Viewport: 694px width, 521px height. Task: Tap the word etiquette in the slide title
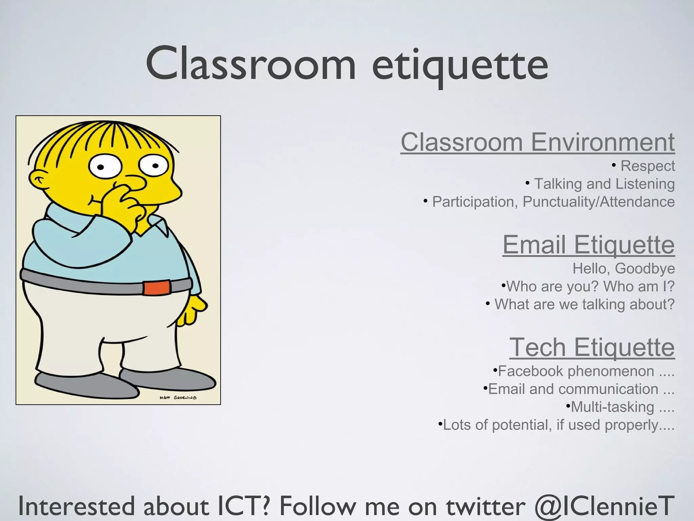460,64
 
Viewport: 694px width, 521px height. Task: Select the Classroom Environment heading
537,142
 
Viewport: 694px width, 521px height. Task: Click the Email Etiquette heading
588,245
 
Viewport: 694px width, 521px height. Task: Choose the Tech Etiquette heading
592,347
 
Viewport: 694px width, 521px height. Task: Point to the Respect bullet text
647,166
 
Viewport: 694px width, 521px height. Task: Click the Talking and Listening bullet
604,184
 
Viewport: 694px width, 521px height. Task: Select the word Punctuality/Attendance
598,202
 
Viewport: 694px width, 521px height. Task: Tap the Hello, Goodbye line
624,269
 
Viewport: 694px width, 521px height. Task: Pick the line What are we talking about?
584,304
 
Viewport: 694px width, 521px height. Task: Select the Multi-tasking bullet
613,407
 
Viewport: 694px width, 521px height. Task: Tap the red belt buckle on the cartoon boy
156,288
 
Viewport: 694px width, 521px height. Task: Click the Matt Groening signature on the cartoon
178,398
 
